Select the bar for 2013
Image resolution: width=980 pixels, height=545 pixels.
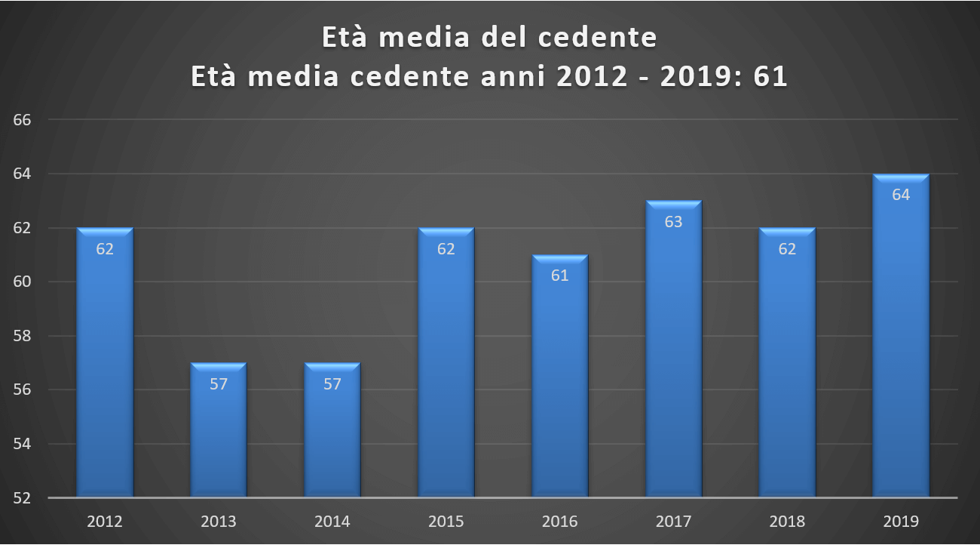[x=219, y=430]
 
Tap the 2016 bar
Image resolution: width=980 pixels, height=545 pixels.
[x=559, y=377]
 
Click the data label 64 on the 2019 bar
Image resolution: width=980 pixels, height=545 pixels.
[x=901, y=195]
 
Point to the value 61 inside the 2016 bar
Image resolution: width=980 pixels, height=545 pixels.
[x=559, y=276]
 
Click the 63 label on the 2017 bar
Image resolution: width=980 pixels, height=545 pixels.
[x=673, y=222]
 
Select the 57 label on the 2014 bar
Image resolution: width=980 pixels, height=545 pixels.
[x=332, y=384]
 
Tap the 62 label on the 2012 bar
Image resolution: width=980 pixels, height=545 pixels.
[x=105, y=249]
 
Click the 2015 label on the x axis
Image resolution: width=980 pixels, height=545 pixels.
[x=446, y=522]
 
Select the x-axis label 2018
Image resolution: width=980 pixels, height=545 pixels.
[x=787, y=522]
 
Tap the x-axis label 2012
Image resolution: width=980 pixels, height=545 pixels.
[x=105, y=522]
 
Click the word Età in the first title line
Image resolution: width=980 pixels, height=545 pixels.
[x=347, y=38]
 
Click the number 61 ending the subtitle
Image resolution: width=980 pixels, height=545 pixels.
[x=770, y=77]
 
